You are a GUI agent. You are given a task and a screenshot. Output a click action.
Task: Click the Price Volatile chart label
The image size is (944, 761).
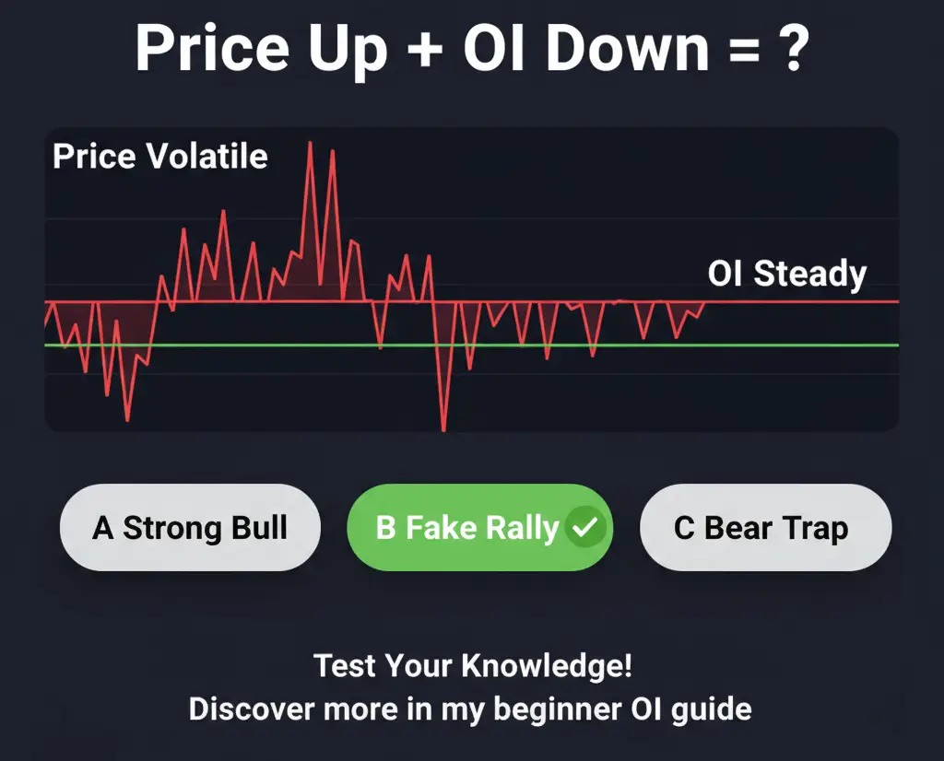pyautogui.click(x=160, y=157)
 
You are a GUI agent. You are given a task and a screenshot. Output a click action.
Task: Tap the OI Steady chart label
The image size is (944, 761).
pyautogui.click(x=787, y=274)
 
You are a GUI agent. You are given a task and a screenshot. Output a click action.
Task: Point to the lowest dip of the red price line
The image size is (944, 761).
pyautogui.click(x=443, y=429)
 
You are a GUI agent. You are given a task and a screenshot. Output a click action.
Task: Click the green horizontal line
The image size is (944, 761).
pyautogui.click(x=645, y=345)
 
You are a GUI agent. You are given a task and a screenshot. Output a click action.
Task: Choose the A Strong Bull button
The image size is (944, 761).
pyautogui.click(x=190, y=528)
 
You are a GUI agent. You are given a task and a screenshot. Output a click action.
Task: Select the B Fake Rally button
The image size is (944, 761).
pyautogui.click(x=479, y=528)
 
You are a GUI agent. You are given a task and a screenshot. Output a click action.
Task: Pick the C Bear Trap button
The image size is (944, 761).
pyautogui.click(x=765, y=528)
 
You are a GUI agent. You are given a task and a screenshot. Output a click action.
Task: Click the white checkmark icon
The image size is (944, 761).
pyautogui.click(x=585, y=529)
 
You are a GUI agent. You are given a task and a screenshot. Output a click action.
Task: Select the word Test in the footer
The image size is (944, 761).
pyautogui.click(x=344, y=665)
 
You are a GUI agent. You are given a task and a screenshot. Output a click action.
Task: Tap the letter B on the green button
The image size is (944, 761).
pyautogui.click(x=385, y=528)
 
